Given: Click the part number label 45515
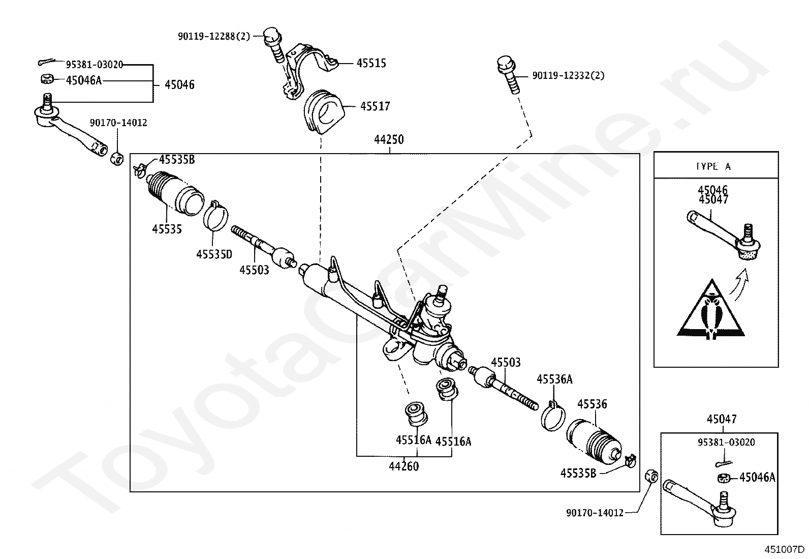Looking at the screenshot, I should click(x=371, y=63).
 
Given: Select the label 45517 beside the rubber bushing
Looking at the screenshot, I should click(x=375, y=106).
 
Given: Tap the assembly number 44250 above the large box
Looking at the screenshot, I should click(x=389, y=139).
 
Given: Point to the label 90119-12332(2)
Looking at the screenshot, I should click(x=568, y=76).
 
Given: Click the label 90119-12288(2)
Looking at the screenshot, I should click(x=213, y=36).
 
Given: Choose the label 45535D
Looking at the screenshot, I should click(x=214, y=254).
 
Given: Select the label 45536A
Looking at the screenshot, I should click(x=554, y=379).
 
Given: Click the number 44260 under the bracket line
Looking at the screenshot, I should click(x=404, y=466).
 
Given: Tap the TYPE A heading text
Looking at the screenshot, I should click(x=713, y=166).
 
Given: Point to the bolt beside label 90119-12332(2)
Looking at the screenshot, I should click(x=509, y=75).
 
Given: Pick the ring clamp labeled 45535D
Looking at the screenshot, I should click(x=216, y=217).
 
